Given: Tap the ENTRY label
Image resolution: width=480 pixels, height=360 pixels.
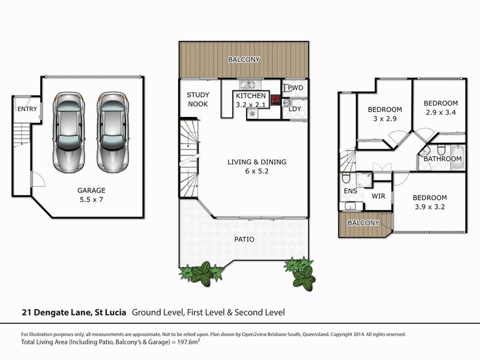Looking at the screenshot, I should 27,109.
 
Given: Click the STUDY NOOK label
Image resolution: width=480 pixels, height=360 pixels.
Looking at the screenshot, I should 197,100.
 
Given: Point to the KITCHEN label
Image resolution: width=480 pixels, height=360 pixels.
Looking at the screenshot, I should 251,96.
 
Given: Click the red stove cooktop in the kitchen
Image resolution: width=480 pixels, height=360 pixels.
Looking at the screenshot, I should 275,100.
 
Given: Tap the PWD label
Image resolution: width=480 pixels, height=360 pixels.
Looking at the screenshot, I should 295,88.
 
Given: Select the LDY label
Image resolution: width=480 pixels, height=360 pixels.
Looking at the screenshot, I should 295,109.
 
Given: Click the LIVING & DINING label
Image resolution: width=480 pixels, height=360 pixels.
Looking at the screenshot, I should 257,162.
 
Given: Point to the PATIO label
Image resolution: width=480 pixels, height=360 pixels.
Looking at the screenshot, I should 244,239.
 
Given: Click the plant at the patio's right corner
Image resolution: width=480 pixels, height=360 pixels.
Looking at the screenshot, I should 303,274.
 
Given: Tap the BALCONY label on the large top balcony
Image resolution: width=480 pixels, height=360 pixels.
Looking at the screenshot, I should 243,59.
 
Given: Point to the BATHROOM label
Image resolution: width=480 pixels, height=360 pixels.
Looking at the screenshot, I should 443,159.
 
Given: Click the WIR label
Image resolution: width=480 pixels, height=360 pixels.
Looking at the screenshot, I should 379,196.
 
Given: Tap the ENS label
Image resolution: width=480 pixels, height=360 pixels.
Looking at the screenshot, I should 350,191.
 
